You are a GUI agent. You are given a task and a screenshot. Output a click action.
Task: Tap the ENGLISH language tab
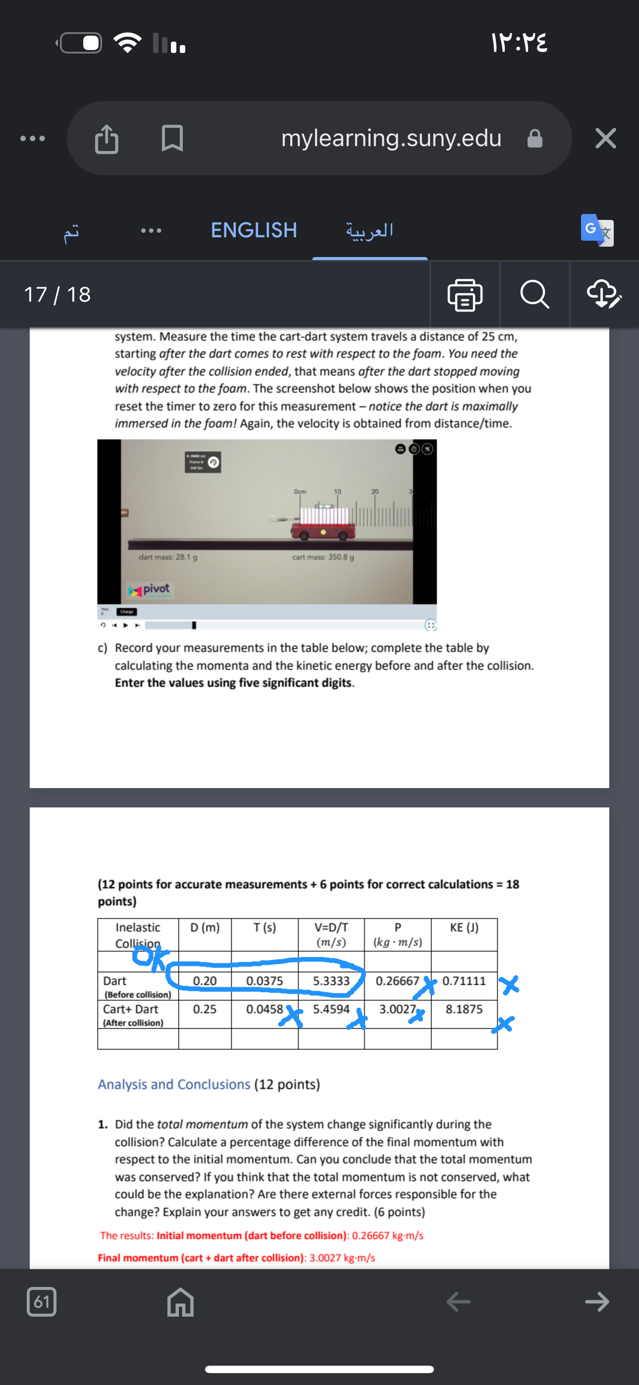pyautogui.click(x=254, y=230)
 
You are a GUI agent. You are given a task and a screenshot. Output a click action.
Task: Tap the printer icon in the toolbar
pyautogui.click(x=465, y=295)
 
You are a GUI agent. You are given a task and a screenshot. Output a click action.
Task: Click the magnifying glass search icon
pyautogui.click(x=534, y=295)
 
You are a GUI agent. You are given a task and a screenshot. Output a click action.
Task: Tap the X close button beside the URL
pyautogui.click(x=605, y=138)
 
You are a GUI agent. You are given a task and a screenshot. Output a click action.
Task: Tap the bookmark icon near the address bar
pyautogui.click(x=172, y=138)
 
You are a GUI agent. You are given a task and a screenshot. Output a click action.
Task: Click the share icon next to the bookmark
pyautogui.click(x=106, y=139)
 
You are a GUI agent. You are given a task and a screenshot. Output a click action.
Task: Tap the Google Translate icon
pyautogui.click(x=596, y=230)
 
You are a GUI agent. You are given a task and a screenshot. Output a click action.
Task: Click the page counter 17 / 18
pyautogui.click(x=57, y=295)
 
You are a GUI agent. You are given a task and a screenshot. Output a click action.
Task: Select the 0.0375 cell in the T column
pyautogui.click(x=265, y=981)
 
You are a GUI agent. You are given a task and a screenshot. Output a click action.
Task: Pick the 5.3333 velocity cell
pyautogui.click(x=331, y=981)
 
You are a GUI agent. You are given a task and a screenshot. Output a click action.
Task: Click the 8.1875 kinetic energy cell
pyautogui.click(x=464, y=1009)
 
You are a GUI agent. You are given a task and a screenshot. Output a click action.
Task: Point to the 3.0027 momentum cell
pyautogui.click(x=397, y=1009)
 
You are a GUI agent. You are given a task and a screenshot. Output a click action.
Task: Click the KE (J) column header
pyautogui.click(x=464, y=927)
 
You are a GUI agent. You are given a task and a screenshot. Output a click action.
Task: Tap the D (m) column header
pyautogui.click(x=205, y=927)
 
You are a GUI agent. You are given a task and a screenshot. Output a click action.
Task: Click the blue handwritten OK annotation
pyautogui.click(x=149, y=958)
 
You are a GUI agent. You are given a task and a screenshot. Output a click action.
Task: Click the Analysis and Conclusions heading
pyautogui.click(x=174, y=1084)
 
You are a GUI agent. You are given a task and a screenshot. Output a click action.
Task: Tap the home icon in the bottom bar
pyautogui.click(x=180, y=1302)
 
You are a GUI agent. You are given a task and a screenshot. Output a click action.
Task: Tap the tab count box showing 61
pyautogui.click(x=42, y=1302)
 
